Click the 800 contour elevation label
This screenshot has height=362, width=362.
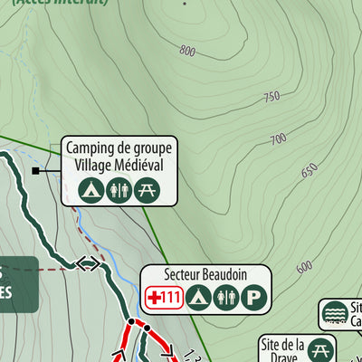(187, 51)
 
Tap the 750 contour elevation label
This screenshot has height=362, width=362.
(271, 97)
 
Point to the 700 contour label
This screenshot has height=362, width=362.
(279, 138)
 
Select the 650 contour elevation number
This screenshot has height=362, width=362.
(310, 170)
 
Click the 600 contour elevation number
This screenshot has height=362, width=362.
(304, 266)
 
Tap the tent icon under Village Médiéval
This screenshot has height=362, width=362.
(90, 190)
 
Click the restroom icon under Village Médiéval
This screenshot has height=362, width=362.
(119, 190)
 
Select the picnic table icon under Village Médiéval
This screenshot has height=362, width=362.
(147, 190)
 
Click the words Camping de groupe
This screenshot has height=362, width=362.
(119, 148)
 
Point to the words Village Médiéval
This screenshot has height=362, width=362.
(119, 166)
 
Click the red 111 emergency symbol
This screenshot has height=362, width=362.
(166, 296)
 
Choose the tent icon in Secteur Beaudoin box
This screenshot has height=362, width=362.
(199, 296)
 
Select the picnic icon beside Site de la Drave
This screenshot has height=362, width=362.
(320, 349)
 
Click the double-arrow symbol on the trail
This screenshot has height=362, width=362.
(89, 263)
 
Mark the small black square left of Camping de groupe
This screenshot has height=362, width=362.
(35, 170)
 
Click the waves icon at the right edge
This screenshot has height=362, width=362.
(334, 312)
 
